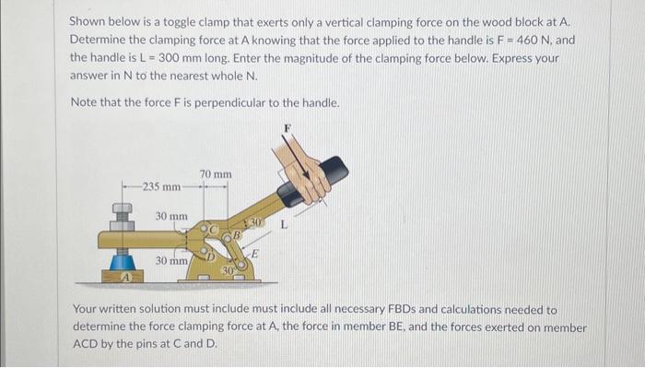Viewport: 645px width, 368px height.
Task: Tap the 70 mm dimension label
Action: pyautogui.click(x=215, y=174)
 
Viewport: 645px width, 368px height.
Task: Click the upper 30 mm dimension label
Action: pyautogui.click(x=172, y=216)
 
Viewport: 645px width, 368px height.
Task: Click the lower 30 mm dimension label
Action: pyautogui.click(x=172, y=261)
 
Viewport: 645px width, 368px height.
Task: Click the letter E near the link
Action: pyautogui.click(x=255, y=255)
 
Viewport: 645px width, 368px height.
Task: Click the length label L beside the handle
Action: pyautogui.click(x=284, y=226)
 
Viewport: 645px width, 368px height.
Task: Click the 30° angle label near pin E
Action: pyautogui.click(x=228, y=270)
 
